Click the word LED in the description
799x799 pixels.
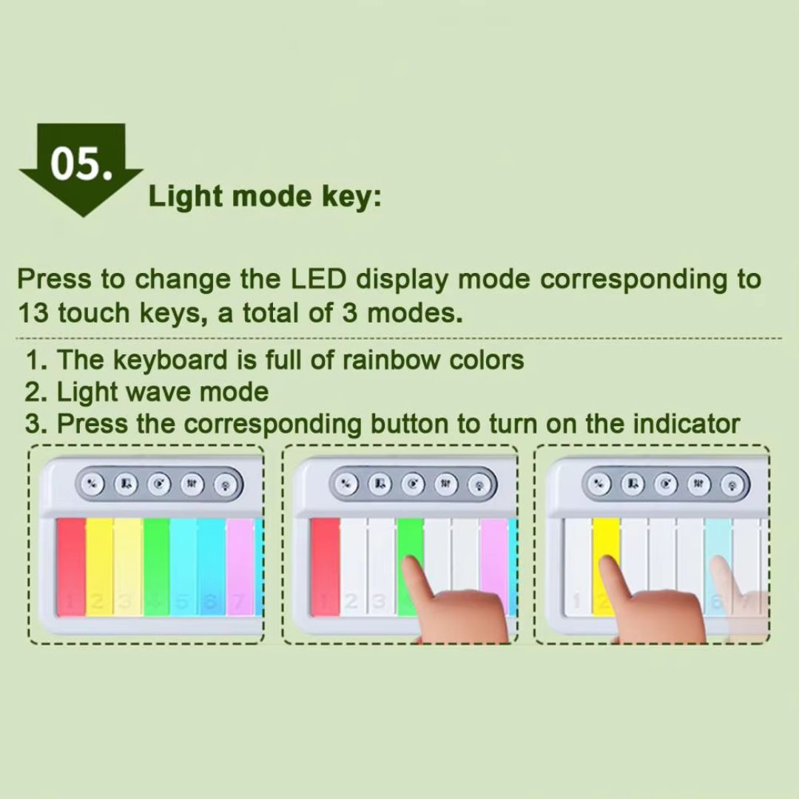[x=318, y=279]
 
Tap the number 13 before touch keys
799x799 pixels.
[x=33, y=312]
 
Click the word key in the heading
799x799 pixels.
[x=351, y=198]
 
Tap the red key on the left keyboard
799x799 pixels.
[x=71, y=567]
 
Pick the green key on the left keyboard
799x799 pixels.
[x=156, y=567]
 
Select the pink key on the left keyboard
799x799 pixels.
[x=240, y=567]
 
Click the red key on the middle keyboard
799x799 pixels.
[x=325, y=567]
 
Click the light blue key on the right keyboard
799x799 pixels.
[x=718, y=540]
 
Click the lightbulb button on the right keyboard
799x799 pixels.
[x=732, y=485]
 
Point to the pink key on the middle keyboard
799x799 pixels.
[x=493, y=561]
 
